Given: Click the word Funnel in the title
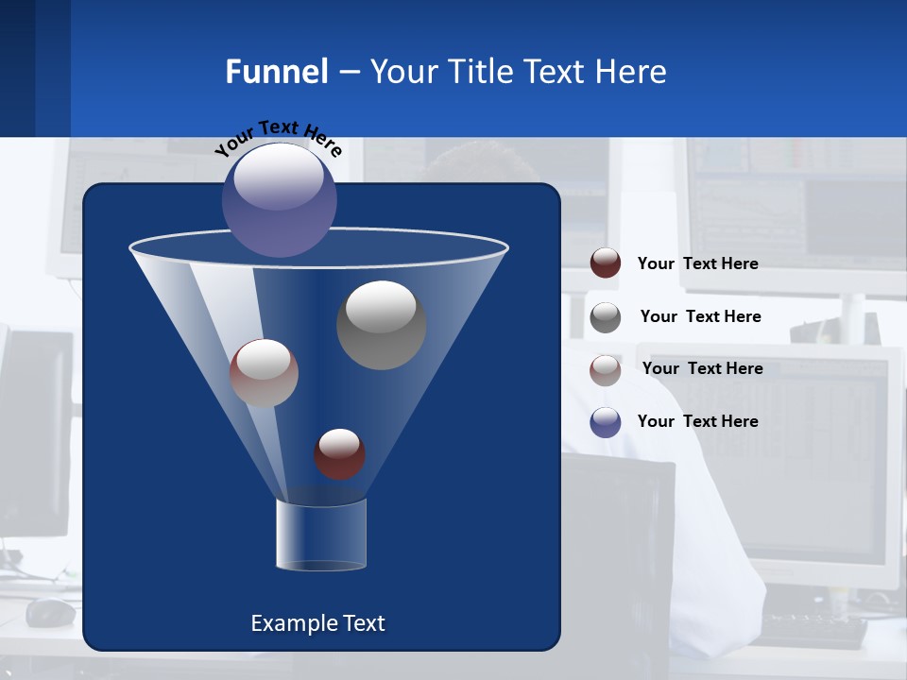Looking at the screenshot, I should (x=277, y=72).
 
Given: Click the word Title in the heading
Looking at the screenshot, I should (x=479, y=72).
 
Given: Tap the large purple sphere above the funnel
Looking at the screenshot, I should (x=280, y=199).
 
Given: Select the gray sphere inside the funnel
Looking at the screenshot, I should (x=381, y=325).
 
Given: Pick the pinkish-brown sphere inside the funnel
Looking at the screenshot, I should (x=264, y=373).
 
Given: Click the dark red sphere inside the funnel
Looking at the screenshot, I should (x=339, y=454).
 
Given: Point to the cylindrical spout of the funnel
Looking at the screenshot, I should (x=320, y=535).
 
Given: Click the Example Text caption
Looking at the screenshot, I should (x=317, y=623).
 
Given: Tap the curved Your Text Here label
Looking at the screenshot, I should (x=278, y=138).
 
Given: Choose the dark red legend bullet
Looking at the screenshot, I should (x=606, y=263).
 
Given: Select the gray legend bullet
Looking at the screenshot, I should (x=606, y=317).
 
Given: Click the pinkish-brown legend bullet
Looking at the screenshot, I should (x=606, y=370).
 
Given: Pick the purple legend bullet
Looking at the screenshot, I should (x=606, y=422).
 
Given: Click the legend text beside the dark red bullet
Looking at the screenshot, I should (x=697, y=263).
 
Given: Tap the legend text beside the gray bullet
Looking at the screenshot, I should (x=700, y=316).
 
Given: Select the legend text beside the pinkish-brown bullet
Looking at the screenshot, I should (x=702, y=368).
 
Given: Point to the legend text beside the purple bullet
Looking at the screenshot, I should (x=697, y=421).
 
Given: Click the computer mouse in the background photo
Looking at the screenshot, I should (x=50, y=612).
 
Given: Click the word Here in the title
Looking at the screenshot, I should (x=631, y=72).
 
